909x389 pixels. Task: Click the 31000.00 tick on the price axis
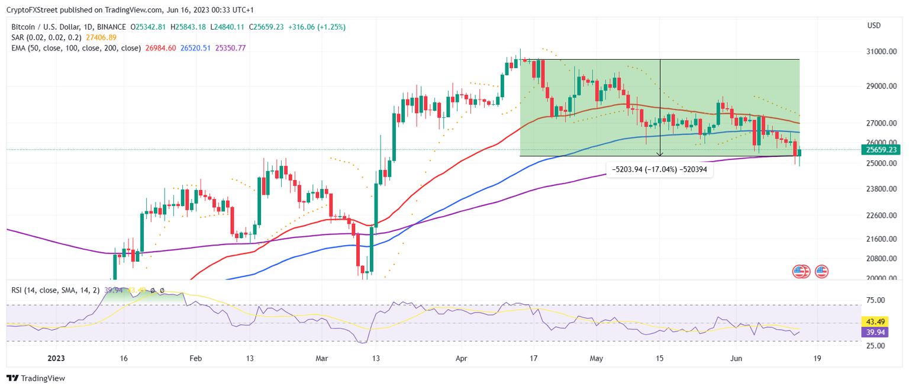pos(879,52)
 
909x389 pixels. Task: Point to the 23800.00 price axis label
pos(879,189)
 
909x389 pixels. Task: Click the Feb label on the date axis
pos(196,358)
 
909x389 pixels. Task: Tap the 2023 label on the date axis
pos(56,358)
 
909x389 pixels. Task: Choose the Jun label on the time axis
pos(736,358)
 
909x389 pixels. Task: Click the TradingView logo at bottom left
pos(36,378)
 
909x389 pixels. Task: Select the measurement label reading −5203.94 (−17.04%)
pos(660,169)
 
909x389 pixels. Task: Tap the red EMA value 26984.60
pos(160,48)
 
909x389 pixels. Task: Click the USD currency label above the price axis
pos(873,25)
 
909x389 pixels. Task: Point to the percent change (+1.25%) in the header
pos(333,27)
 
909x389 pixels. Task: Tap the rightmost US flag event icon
pos(821,272)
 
